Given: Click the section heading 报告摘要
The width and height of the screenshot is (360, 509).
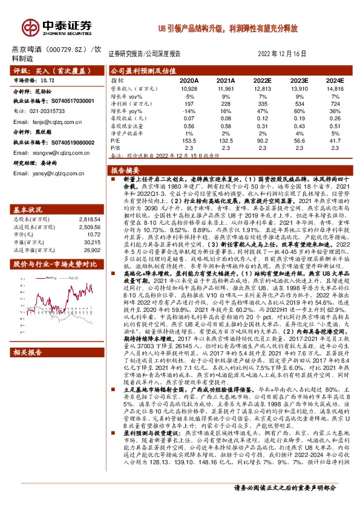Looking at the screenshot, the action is tap(126, 170).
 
